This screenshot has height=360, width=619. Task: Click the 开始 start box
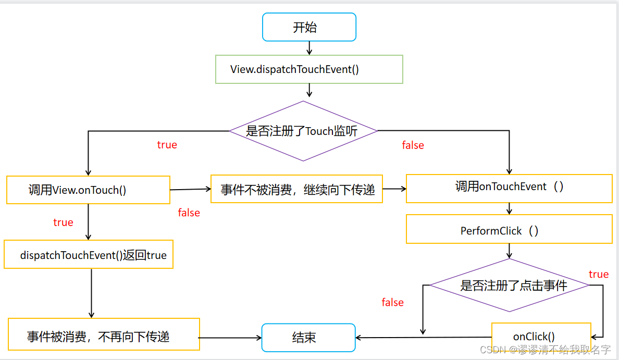point(309,27)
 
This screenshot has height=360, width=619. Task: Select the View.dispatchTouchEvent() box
point(309,69)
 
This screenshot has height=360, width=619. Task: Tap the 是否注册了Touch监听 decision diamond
point(303,131)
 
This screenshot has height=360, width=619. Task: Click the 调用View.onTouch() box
point(88,190)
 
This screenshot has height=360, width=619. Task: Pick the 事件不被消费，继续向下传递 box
point(296,189)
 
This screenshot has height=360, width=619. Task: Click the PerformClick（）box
point(509,229)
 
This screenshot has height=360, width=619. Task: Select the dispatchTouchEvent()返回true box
point(89,255)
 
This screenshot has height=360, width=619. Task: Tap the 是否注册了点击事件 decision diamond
point(509,285)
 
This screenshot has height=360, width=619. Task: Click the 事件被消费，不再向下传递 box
point(104,334)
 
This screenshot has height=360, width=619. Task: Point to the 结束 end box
point(308,337)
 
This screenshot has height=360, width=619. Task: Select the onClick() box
point(541,337)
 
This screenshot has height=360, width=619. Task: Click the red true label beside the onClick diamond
point(598,274)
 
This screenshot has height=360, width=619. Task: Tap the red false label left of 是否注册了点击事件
point(392,302)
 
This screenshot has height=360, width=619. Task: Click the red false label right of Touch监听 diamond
point(413,145)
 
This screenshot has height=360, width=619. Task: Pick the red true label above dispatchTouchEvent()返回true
point(63,222)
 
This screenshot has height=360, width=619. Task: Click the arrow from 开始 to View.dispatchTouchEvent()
point(309,48)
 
